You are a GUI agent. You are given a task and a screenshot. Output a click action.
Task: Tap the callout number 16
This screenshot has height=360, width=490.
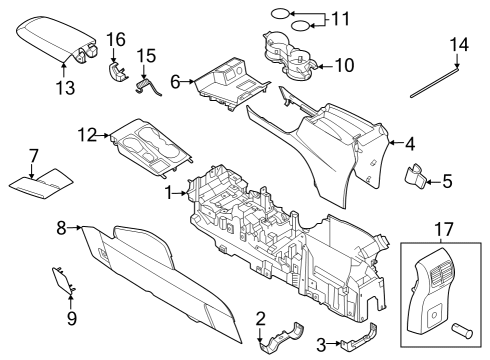(x=116, y=39)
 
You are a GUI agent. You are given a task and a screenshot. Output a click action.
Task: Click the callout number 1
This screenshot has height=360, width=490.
(x=169, y=191)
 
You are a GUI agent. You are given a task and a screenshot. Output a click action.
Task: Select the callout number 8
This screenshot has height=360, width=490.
(x=61, y=229)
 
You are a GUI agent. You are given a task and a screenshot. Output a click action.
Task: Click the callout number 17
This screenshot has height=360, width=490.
(x=440, y=230)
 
